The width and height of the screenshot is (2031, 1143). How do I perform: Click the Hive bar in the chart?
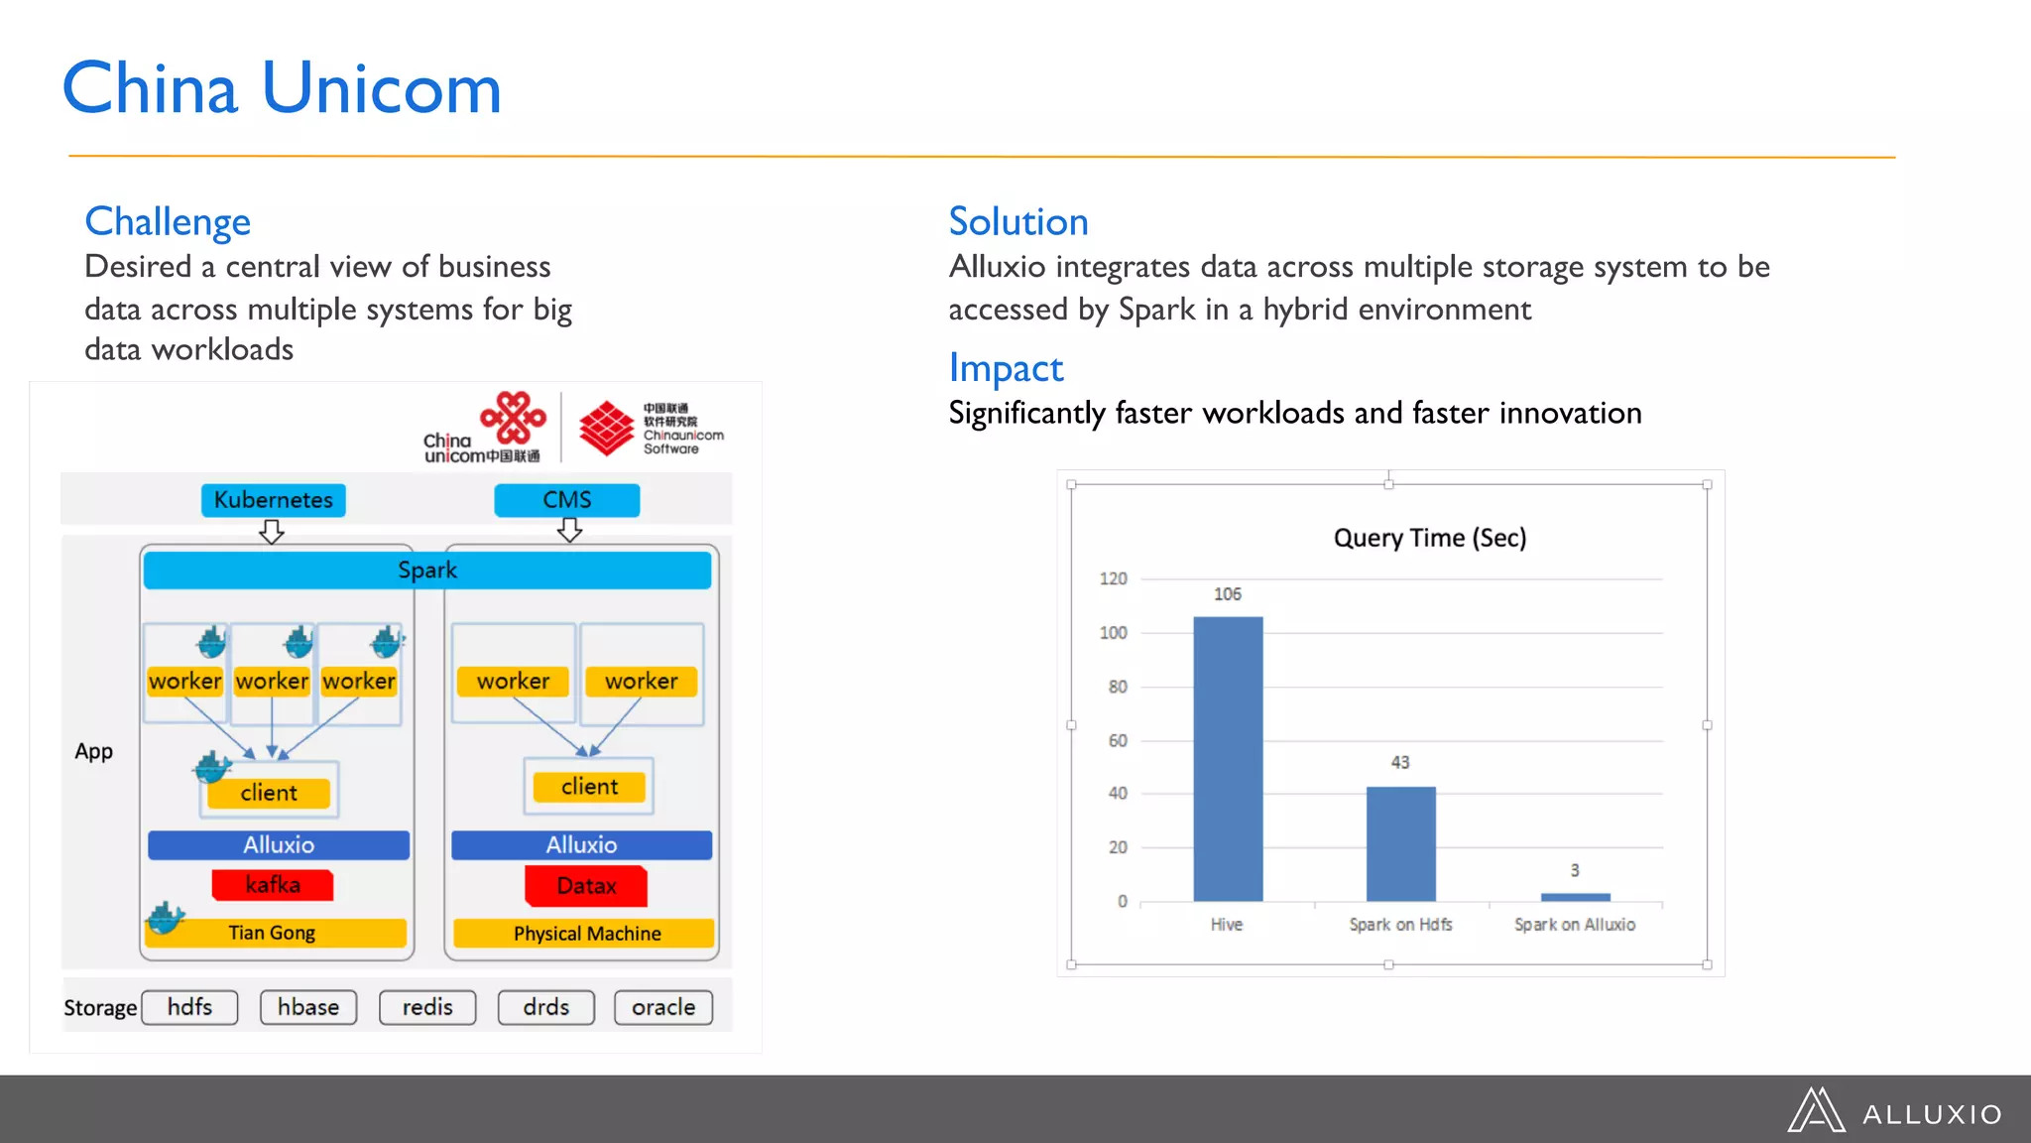pos(1228,759)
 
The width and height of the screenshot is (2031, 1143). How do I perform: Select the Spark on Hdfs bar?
pos(1400,843)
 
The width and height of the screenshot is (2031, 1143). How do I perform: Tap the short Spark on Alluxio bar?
pos(1575,897)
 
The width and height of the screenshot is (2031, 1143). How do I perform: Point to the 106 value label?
pos(1228,594)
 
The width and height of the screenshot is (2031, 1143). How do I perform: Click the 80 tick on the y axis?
pos(1118,687)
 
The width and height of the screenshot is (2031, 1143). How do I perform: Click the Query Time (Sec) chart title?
pos(1429,538)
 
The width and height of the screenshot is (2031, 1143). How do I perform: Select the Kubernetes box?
pos(274,500)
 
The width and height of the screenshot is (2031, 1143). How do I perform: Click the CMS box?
pos(567,500)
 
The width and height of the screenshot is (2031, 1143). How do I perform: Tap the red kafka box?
pos(273,885)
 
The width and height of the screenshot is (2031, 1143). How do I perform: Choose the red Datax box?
pos(586,886)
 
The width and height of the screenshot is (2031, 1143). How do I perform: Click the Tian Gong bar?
pos(273,933)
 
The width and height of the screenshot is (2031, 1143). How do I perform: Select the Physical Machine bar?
pos(585,934)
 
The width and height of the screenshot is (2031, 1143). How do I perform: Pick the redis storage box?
pos(427,1007)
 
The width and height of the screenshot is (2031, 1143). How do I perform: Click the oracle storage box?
pos(663,1007)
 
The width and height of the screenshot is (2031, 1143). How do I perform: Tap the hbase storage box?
pos(308,1007)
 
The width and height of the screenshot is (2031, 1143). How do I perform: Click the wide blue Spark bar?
pos(427,571)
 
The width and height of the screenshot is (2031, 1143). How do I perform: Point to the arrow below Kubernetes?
pos(272,533)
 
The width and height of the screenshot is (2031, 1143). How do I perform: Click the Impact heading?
pos(1006,368)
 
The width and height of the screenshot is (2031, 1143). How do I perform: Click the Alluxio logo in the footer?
pos(1895,1111)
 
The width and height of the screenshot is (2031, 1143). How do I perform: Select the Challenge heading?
pos(168,221)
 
